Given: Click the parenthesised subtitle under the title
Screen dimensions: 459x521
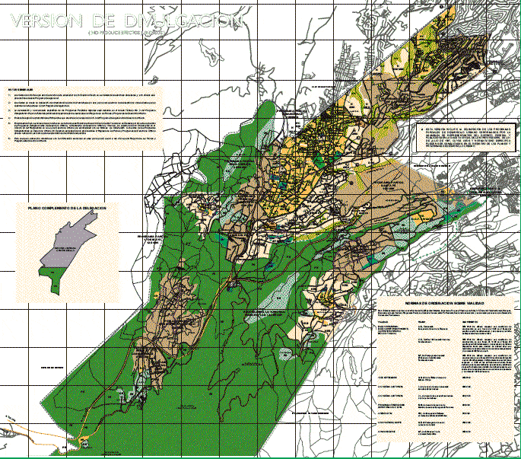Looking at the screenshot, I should pyautogui.click(x=125, y=34).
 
